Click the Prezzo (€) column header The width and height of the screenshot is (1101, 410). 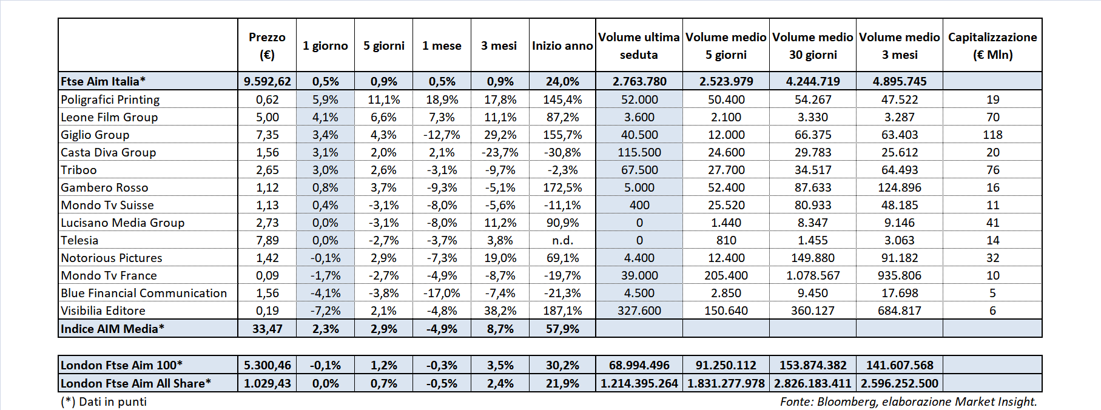[267, 45]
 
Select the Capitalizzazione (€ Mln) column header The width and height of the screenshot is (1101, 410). [992, 45]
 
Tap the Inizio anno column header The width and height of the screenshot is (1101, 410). [562, 45]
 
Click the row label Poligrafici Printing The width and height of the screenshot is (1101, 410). [110, 99]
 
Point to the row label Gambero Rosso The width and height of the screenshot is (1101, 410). [104, 187]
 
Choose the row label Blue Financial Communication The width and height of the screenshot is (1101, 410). [144, 293]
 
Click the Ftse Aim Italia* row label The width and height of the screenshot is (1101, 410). [103, 81]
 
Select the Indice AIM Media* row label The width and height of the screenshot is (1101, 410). [112, 329]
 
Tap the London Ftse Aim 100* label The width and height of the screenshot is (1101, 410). [121, 365]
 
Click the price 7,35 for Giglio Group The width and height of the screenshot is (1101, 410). [267, 135]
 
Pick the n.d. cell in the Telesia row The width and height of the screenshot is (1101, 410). [562, 240]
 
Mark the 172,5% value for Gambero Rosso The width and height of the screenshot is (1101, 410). [562, 187]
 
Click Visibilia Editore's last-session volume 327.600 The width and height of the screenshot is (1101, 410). [639, 311]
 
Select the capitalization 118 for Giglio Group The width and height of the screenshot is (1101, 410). [992, 135]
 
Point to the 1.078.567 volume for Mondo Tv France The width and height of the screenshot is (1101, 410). [813, 275]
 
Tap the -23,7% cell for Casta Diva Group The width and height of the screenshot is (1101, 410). [500, 152]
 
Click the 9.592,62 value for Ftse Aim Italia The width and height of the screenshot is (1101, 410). [267, 81]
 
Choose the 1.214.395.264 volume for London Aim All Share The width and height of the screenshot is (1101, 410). [639, 383]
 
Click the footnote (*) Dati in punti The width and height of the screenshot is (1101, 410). [104, 402]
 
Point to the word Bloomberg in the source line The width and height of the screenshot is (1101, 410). [846, 402]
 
